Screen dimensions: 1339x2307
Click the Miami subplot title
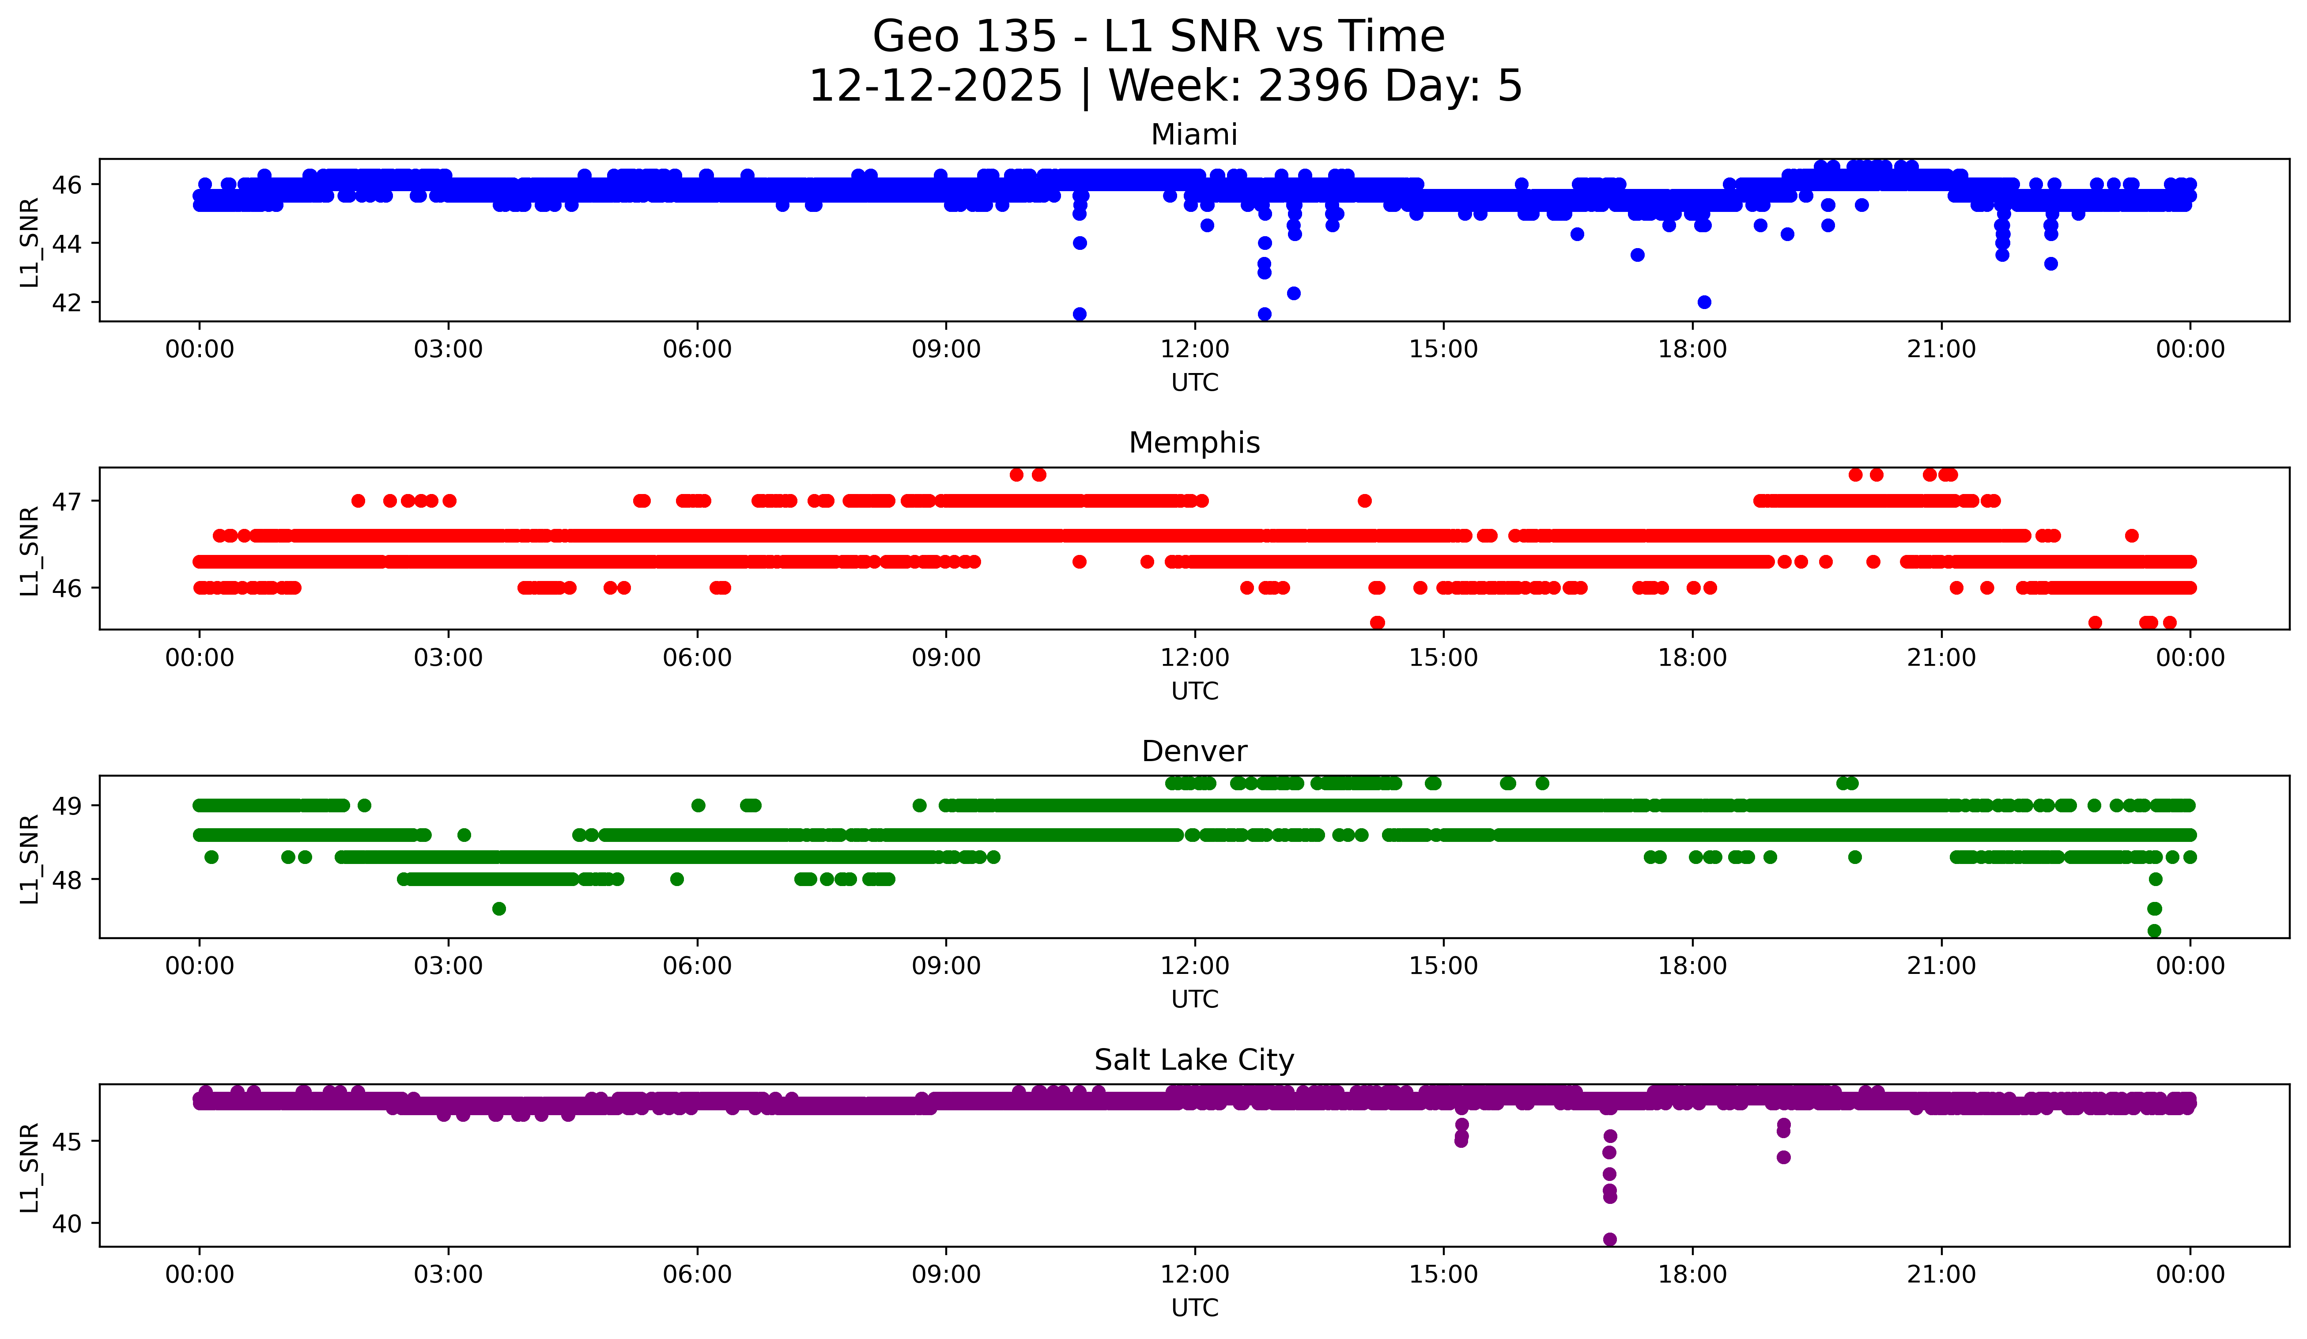1194,135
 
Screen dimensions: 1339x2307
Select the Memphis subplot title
1194,443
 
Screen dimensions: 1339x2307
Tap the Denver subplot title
1194,751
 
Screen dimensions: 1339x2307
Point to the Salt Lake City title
1194,1060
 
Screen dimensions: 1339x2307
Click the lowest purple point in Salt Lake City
1609,1239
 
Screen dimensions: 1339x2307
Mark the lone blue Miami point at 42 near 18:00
1704,302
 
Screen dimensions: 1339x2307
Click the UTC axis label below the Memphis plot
1194,691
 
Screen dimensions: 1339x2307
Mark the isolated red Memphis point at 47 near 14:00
1364,501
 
